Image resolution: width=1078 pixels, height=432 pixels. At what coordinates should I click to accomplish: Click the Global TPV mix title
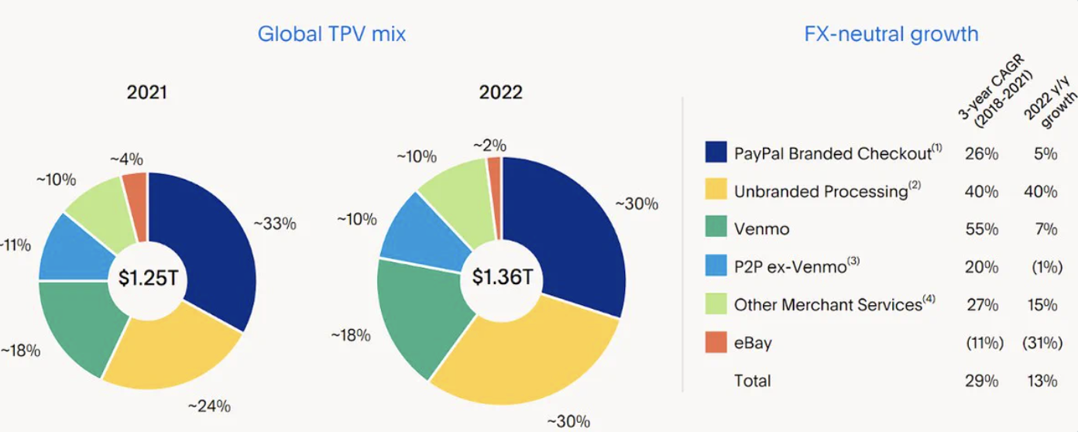[x=331, y=34]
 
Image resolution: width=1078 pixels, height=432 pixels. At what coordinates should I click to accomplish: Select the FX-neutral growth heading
[x=891, y=34]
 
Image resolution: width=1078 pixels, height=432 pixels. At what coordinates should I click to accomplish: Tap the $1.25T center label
[x=148, y=278]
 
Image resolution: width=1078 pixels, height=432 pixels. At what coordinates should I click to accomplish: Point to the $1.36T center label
[x=502, y=277]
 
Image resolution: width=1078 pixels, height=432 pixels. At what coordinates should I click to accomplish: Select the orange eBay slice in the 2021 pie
[x=136, y=194]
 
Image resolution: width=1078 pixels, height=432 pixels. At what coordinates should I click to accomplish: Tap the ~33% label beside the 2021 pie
[x=275, y=225]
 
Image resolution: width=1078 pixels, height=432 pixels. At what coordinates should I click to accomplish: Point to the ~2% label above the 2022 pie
[x=489, y=145]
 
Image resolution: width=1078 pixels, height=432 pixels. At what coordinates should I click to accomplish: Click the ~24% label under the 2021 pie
[x=209, y=406]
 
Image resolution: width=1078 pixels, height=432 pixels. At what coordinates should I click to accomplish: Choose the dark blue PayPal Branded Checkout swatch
[x=716, y=153]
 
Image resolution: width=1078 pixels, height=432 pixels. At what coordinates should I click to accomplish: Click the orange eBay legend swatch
[x=716, y=342]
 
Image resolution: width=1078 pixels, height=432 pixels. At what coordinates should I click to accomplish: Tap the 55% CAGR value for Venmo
[x=981, y=229]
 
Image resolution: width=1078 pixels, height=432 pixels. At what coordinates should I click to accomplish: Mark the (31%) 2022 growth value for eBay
[x=1039, y=343]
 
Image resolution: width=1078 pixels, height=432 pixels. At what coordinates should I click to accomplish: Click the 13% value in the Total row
[x=1044, y=381]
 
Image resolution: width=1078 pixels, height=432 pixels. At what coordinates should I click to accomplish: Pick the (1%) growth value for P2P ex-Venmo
[x=1043, y=267]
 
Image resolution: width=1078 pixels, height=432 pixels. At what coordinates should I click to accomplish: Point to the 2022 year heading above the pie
[x=500, y=93]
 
